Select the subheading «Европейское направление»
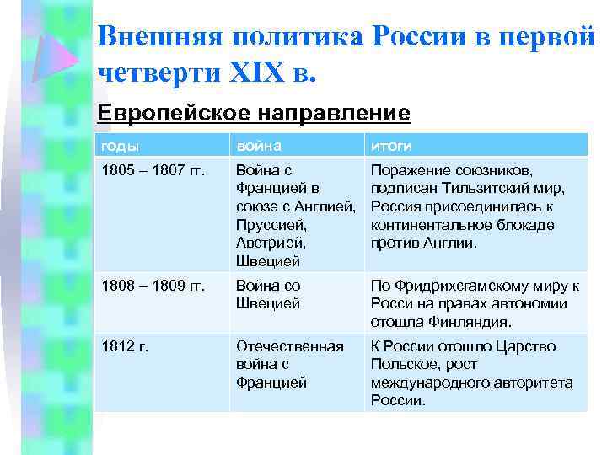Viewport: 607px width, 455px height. click(254, 112)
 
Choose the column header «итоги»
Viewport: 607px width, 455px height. click(388, 146)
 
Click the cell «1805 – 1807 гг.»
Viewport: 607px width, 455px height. click(153, 170)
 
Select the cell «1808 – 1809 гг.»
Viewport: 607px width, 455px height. click(153, 286)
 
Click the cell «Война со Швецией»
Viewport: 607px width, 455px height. click(268, 295)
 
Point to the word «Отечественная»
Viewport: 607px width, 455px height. click(290, 346)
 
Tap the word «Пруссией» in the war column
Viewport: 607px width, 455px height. click(270, 225)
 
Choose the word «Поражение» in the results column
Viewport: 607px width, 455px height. click(408, 170)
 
